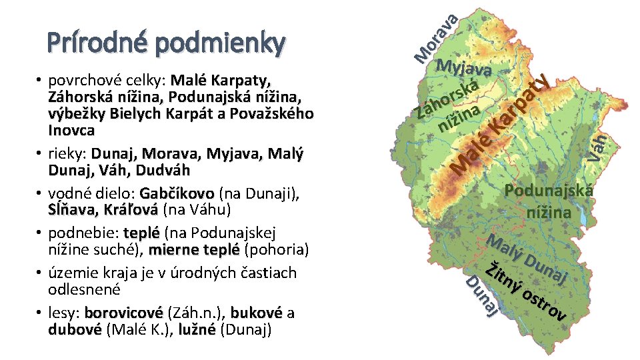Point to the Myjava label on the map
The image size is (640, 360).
click(x=465, y=68)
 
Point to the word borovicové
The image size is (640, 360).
click(x=123, y=313)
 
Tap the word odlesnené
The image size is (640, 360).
click(x=83, y=290)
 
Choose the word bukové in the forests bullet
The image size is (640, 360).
click(x=257, y=313)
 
